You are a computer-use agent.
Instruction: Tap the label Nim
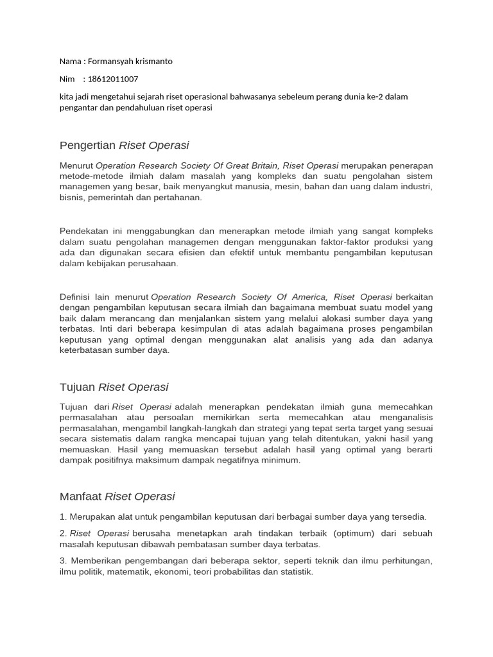(67, 79)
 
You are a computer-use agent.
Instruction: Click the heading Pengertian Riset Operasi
(124, 145)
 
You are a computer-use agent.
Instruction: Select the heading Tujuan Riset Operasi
(114, 387)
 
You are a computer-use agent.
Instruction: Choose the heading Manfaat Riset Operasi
(117, 496)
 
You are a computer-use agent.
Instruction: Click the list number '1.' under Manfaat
(63, 516)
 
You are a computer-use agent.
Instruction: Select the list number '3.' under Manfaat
(63, 561)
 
